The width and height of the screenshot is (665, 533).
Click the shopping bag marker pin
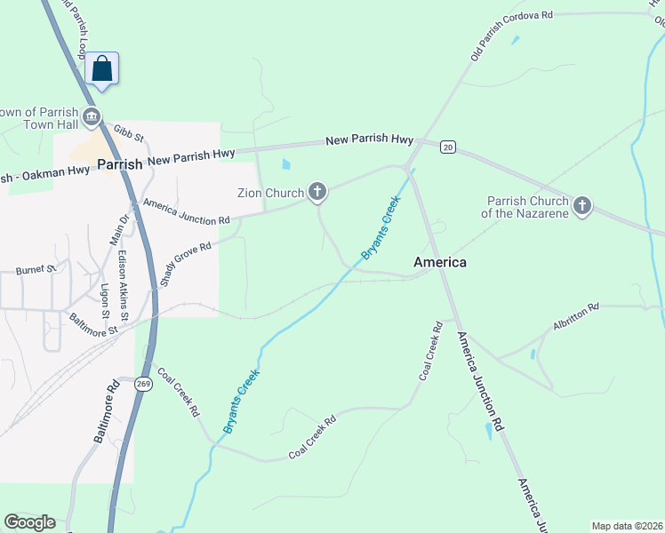coord(102,69)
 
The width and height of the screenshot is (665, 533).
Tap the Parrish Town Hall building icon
coord(91,117)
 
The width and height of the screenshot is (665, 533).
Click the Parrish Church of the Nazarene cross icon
coord(582,207)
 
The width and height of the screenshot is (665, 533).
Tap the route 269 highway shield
coord(145,383)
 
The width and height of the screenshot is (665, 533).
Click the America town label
coord(440,262)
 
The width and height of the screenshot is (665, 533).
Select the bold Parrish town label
coord(120,164)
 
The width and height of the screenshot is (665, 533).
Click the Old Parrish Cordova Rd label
coord(511,36)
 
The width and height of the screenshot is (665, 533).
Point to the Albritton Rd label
coord(575,317)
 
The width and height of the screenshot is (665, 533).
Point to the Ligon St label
coord(104,301)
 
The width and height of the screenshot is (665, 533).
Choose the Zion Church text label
coord(270,192)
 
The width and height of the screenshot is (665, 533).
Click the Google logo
coord(29,522)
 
